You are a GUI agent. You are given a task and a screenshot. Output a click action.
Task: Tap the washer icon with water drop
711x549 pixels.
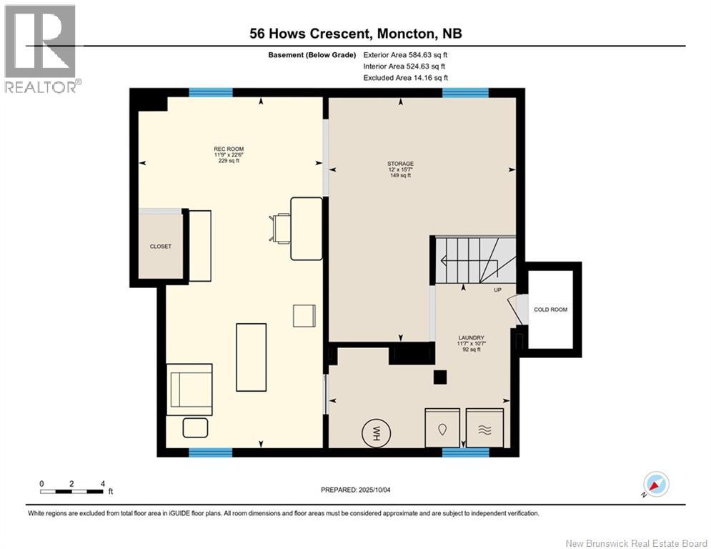coord(442,428)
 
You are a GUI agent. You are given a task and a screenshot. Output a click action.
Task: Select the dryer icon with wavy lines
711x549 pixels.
coord(484,428)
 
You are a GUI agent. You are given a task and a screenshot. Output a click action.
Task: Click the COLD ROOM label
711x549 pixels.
coord(550,310)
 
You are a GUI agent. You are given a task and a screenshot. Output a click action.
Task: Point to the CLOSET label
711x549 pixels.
coord(161,247)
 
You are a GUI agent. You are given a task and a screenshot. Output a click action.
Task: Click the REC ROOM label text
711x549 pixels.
coord(229,149)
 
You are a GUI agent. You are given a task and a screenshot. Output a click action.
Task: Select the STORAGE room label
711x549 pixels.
coord(400,163)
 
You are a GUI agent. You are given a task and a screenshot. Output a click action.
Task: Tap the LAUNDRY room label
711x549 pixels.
coord(472,337)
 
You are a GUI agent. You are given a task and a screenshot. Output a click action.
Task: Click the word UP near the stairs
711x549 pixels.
coord(497,290)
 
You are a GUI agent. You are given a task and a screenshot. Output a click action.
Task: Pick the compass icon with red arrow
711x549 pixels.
coord(656,485)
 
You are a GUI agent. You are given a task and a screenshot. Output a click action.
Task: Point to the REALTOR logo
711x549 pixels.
coord(41,49)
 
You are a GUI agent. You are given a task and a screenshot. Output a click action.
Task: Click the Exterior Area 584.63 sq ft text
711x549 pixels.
coord(405,55)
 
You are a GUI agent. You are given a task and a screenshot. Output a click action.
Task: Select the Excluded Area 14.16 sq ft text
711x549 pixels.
coord(405,78)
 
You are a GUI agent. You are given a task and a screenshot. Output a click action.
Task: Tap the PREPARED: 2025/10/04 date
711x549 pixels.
coord(356,490)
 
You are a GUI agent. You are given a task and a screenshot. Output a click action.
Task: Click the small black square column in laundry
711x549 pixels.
coord(440,377)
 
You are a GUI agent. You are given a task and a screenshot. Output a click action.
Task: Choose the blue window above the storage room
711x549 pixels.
coord(465,93)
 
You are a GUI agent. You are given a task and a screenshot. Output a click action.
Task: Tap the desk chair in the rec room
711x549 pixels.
coord(280,229)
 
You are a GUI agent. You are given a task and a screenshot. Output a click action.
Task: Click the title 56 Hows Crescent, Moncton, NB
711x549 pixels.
coord(356,34)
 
